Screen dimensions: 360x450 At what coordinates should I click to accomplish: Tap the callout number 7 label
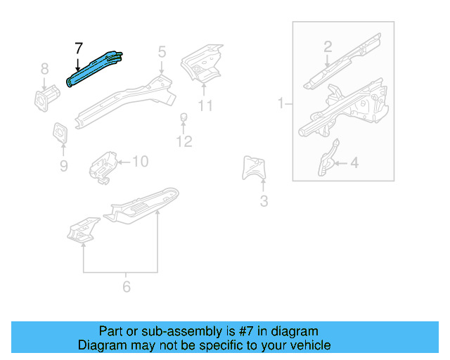tap(78, 49)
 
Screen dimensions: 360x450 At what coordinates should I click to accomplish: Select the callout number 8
tap(44, 69)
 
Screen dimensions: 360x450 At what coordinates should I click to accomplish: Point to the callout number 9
tap(63, 166)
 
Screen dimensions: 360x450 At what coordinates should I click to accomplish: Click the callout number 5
tap(162, 51)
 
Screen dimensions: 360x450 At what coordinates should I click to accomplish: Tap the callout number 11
tap(205, 106)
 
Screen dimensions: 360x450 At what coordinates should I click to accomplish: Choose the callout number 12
tap(184, 143)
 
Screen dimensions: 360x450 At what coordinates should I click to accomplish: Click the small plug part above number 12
tap(184, 117)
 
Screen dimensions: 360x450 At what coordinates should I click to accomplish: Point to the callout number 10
tap(140, 162)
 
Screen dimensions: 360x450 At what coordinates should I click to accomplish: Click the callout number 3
tap(264, 202)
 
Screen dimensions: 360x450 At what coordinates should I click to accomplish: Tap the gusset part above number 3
tap(254, 169)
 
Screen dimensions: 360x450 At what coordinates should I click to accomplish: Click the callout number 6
tap(127, 287)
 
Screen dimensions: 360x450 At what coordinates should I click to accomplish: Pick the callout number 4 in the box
tap(354, 163)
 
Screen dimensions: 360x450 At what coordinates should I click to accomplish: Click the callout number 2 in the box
tap(328, 47)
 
